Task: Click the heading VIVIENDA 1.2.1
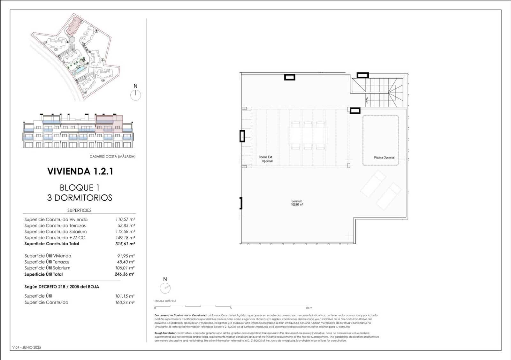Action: coord(80,171)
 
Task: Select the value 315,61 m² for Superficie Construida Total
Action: coord(125,244)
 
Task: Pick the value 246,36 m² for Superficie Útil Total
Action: coord(125,274)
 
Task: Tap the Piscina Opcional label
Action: coord(384,157)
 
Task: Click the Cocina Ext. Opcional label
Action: coord(266,159)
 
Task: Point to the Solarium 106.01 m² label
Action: coord(297,203)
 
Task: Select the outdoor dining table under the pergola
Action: coord(308,135)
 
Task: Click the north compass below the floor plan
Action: coord(165,288)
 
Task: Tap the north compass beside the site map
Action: coord(135,95)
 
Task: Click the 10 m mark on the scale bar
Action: coord(309,308)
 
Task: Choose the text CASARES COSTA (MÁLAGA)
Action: coord(112,157)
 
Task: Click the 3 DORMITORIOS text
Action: coord(80,198)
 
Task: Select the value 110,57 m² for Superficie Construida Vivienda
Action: coord(125,219)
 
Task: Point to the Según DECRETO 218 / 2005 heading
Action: coord(62,287)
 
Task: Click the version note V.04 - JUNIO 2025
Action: coord(27,348)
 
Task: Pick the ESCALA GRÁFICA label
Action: coord(165,301)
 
